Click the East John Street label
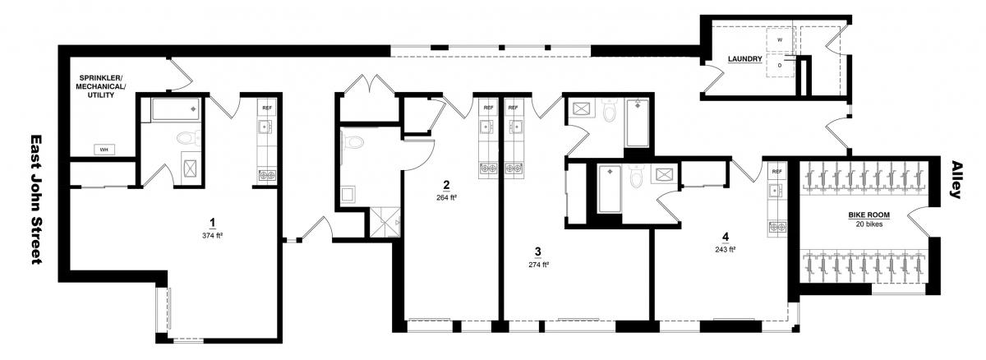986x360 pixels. pyautogui.click(x=36, y=200)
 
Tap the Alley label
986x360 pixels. pyautogui.click(x=956, y=179)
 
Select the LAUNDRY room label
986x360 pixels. pyautogui.click(x=744, y=59)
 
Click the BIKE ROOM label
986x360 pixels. pyautogui.click(x=869, y=215)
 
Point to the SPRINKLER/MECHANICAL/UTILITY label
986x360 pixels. pyautogui.click(x=101, y=86)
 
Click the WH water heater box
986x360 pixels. pyautogui.click(x=104, y=150)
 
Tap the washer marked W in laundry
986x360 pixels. pyautogui.click(x=780, y=40)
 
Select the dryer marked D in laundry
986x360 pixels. pyautogui.click(x=780, y=66)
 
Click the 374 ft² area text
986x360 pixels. pyautogui.click(x=212, y=235)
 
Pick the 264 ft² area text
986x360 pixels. pyautogui.click(x=446, y=197)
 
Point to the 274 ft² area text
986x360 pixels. pyautogui.click(x=538, y=265)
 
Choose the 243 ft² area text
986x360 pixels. pyautogui.click(x=726, y=249)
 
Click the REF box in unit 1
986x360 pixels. pyautogui.click(x=267, y=108)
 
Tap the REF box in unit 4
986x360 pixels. pyautogui.click(x=777, y=172)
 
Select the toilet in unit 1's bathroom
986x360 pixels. pyautogui.click(x=188, y=138)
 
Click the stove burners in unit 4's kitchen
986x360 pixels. pyautogui.click(x=777, y=227)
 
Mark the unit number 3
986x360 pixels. pyautogui.click(x=538, y=252)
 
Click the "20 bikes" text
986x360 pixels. pyautogui.click(x=869, y=224)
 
